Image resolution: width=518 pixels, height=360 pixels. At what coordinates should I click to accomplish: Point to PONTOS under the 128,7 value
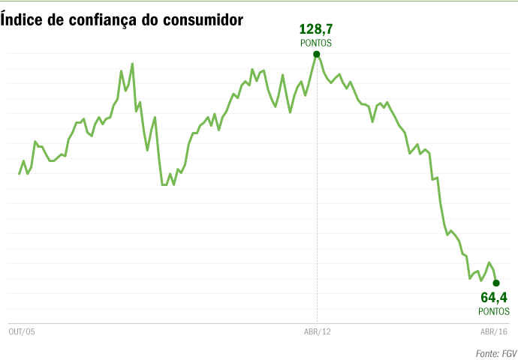(x=316, y=43)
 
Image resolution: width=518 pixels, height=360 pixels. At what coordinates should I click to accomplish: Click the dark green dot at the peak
(x=317, y=54)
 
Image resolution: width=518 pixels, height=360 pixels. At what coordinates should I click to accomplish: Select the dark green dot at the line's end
(x=496, y=283)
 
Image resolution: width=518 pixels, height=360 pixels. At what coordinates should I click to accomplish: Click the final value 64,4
(x=494, y=298)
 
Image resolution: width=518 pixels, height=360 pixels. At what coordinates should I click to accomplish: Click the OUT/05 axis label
(x=22, y=332)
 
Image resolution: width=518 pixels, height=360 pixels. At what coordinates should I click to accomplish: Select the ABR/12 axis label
(x=317, y=332)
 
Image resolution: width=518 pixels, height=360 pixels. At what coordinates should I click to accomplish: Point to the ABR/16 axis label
(x=494, y=332)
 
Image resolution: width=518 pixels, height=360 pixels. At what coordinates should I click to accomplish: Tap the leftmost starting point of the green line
(x=20, y=174)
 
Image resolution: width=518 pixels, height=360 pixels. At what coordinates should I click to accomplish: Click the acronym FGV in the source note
(x=508, y=352)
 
